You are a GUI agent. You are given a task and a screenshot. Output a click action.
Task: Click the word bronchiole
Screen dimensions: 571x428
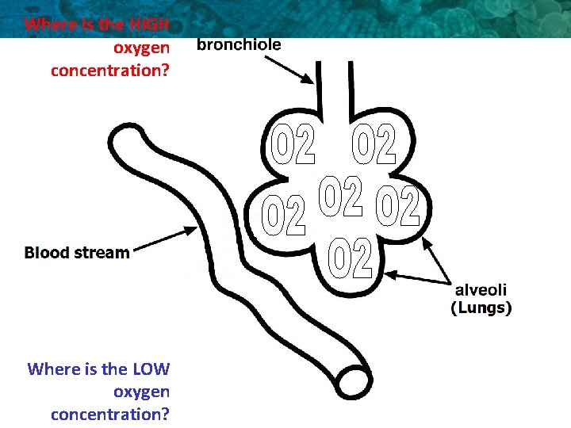[239, 45]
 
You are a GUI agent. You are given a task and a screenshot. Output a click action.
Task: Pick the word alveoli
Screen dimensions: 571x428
[481, 291]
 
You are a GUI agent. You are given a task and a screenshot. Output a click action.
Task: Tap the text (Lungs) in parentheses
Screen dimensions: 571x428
[481, 308]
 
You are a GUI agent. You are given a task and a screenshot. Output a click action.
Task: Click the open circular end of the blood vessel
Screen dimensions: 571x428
[351, 381]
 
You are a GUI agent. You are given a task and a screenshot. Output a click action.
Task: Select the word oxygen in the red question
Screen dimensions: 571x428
[141, 48]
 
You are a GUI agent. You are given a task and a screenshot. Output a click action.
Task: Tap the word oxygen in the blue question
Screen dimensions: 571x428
[141, 392]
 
